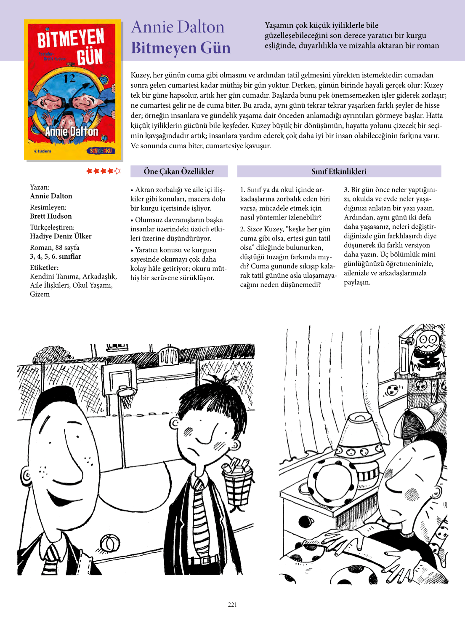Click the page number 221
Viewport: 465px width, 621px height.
click(x=232, y=605)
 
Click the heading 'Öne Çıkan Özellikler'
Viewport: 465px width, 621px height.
click(x=179, y=171)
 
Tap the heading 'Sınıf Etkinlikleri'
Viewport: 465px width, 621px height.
click(x=339, y=171)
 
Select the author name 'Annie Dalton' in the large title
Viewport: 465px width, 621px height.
click(x=178, y=27)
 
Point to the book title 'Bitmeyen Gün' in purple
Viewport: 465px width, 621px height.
click(x=181, y=48)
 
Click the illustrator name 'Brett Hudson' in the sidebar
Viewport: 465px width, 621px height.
click(x=51, y=216)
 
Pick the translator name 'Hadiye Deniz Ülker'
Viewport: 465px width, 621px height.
click(x=61, y=236)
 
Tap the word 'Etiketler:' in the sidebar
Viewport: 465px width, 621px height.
click(x=44, y=268)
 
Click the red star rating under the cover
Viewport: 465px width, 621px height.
click(x=103, y=171)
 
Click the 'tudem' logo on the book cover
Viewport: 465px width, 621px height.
click(x=43, y=151)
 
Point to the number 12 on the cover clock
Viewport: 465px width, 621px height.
click(x=69, y=78)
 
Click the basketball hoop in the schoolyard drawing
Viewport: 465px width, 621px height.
click(x=126, y=392)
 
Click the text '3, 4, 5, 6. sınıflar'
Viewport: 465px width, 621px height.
click(x=56, y=256)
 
